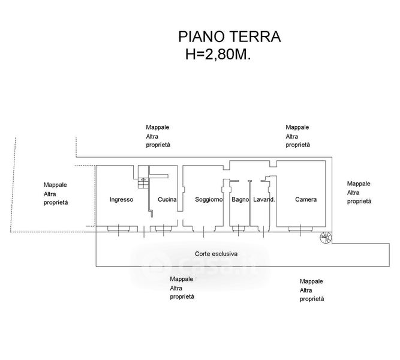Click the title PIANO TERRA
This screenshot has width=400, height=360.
coord(229,37)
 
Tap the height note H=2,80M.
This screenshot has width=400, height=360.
coord(218,54)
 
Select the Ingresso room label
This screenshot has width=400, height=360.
coord(121,199)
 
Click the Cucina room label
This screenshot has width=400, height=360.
coord(167,199)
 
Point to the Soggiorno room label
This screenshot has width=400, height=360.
coord(209,199)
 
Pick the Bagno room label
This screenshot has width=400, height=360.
coord(240,199)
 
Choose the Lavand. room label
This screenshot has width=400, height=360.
coord(264,199)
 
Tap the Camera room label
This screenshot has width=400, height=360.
coord(306,199)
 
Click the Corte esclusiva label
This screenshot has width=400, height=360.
coord(216,254)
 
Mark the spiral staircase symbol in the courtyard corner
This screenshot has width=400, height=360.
coord(326,238)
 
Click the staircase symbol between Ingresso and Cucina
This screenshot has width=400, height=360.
coord(143,176)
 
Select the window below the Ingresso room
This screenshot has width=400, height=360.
coord(119,229)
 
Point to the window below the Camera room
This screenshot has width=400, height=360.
coord(300,229)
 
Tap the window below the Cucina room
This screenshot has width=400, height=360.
coord(164,229)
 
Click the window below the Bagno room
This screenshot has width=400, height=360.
coord(239,229)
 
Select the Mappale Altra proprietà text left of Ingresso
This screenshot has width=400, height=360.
coord(56,194)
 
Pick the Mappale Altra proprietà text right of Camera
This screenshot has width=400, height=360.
coord(359,193)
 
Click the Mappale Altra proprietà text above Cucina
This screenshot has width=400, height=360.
coord(158,136)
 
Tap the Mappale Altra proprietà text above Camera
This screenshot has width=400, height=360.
coord(297,136)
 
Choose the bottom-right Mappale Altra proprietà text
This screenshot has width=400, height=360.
coord(312,290)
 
